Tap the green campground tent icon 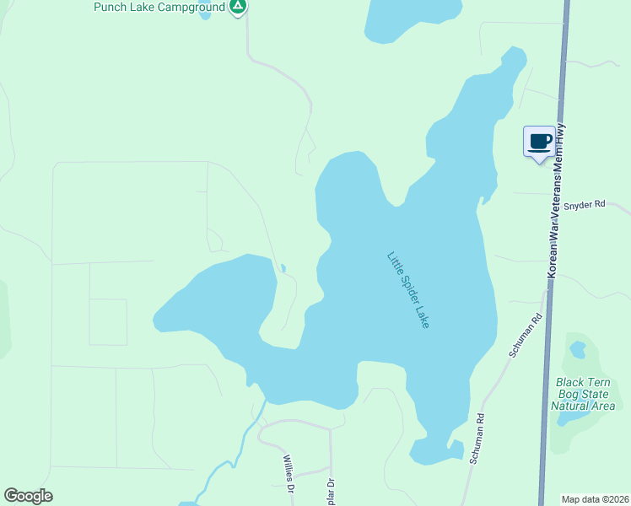tap(238, 8)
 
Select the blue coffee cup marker tap(539, 141)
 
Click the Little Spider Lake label tap(408, 289)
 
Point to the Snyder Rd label tap(585, 204)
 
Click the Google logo tap(28, 496)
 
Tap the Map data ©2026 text tap(595, 499)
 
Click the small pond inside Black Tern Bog tap(578, 348)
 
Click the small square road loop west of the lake tap(108, 322)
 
